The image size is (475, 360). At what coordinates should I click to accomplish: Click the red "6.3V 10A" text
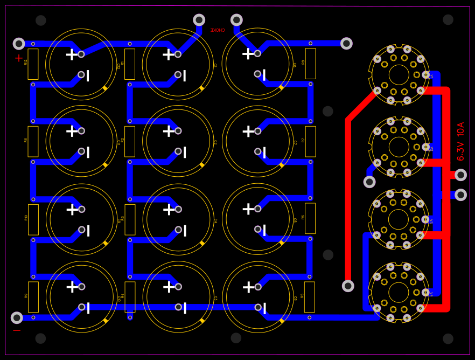tap(460, 141)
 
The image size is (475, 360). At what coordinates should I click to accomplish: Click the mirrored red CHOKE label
tap(218, 31)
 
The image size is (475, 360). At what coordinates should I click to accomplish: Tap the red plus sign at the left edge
tap(19, 58)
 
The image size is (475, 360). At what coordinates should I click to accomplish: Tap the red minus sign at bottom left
tap(17, 330)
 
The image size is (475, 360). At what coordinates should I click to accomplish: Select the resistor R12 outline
tap(33, 64)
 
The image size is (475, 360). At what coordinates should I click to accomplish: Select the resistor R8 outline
tap(310, 64)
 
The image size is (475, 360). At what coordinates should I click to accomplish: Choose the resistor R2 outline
tap(130, 142)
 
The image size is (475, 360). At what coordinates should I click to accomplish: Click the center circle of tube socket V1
tap(399, 75)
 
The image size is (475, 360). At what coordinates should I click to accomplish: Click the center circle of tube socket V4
tap(399, 293)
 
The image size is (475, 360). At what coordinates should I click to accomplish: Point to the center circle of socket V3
tap(399, 219)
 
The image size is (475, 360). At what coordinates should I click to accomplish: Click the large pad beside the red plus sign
tap(19, 44)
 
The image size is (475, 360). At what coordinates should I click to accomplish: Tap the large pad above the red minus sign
tap(17, 318)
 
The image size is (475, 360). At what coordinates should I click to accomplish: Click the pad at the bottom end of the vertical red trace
tap(348, 286)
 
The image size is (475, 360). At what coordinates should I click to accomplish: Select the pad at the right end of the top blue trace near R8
tap(346, 44)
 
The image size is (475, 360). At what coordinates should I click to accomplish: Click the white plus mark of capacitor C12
tap(72, 54)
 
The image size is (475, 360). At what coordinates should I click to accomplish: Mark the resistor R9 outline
tap(33, 297)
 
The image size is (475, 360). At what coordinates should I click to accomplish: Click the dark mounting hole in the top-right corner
tap(448, 20)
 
